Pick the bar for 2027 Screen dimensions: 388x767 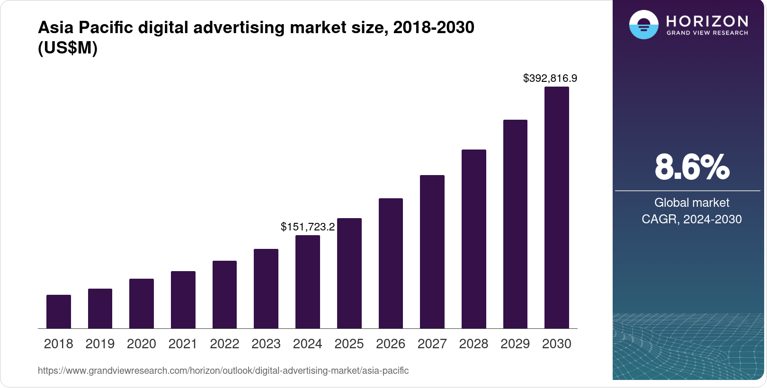coord(432,252)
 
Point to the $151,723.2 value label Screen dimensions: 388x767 coord(308,227)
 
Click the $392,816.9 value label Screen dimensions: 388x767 coord(550,78)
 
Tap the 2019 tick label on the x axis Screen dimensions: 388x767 coord(100,344)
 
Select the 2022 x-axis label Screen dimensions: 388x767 coord(224,344)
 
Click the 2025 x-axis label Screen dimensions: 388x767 coord(349,344)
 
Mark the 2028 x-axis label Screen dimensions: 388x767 coord(473,344)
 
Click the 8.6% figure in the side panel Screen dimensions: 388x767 coord(692,167)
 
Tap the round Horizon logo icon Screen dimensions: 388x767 coord(643,25)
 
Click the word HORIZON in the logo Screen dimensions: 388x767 coord(707,21)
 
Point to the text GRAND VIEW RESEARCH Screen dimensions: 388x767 coord(707,33)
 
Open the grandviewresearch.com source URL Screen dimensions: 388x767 coord(223,370)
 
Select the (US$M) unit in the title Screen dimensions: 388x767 coord(68,48)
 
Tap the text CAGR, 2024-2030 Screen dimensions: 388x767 coord(692,219)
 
